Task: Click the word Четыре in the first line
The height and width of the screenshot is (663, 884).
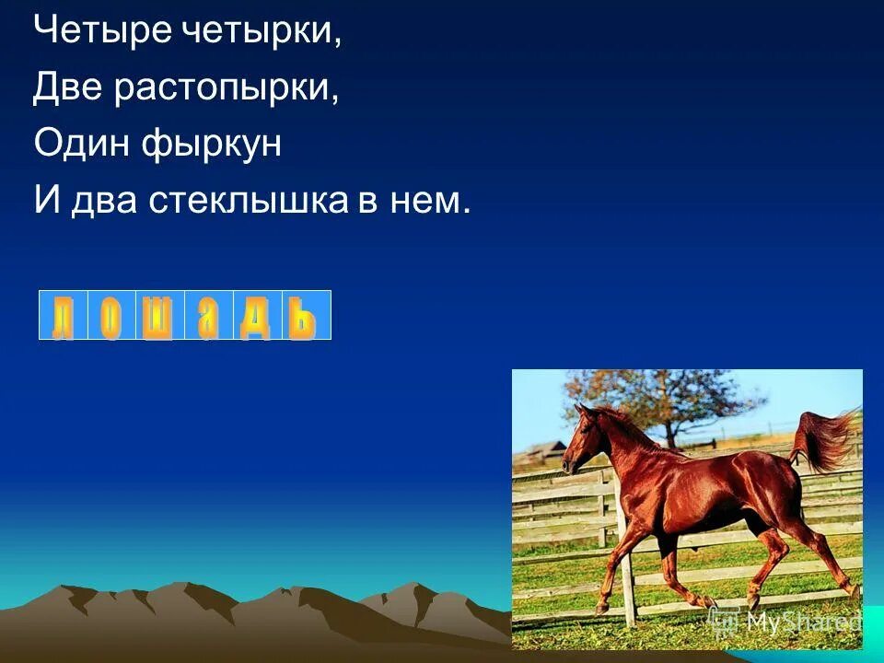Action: point(84,30)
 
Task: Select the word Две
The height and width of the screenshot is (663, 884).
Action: point(69,87)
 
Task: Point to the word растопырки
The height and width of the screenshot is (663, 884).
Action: point(227,89)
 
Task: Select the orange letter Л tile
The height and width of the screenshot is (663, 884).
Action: point(63,316)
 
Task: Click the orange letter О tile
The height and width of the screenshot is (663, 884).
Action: point(110,316)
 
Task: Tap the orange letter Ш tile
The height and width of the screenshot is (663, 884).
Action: point(159,316)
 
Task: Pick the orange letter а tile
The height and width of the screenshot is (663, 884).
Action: point(208,316)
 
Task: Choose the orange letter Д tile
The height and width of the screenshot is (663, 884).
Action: point(256,316)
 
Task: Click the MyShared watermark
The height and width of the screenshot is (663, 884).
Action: point(799,622)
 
